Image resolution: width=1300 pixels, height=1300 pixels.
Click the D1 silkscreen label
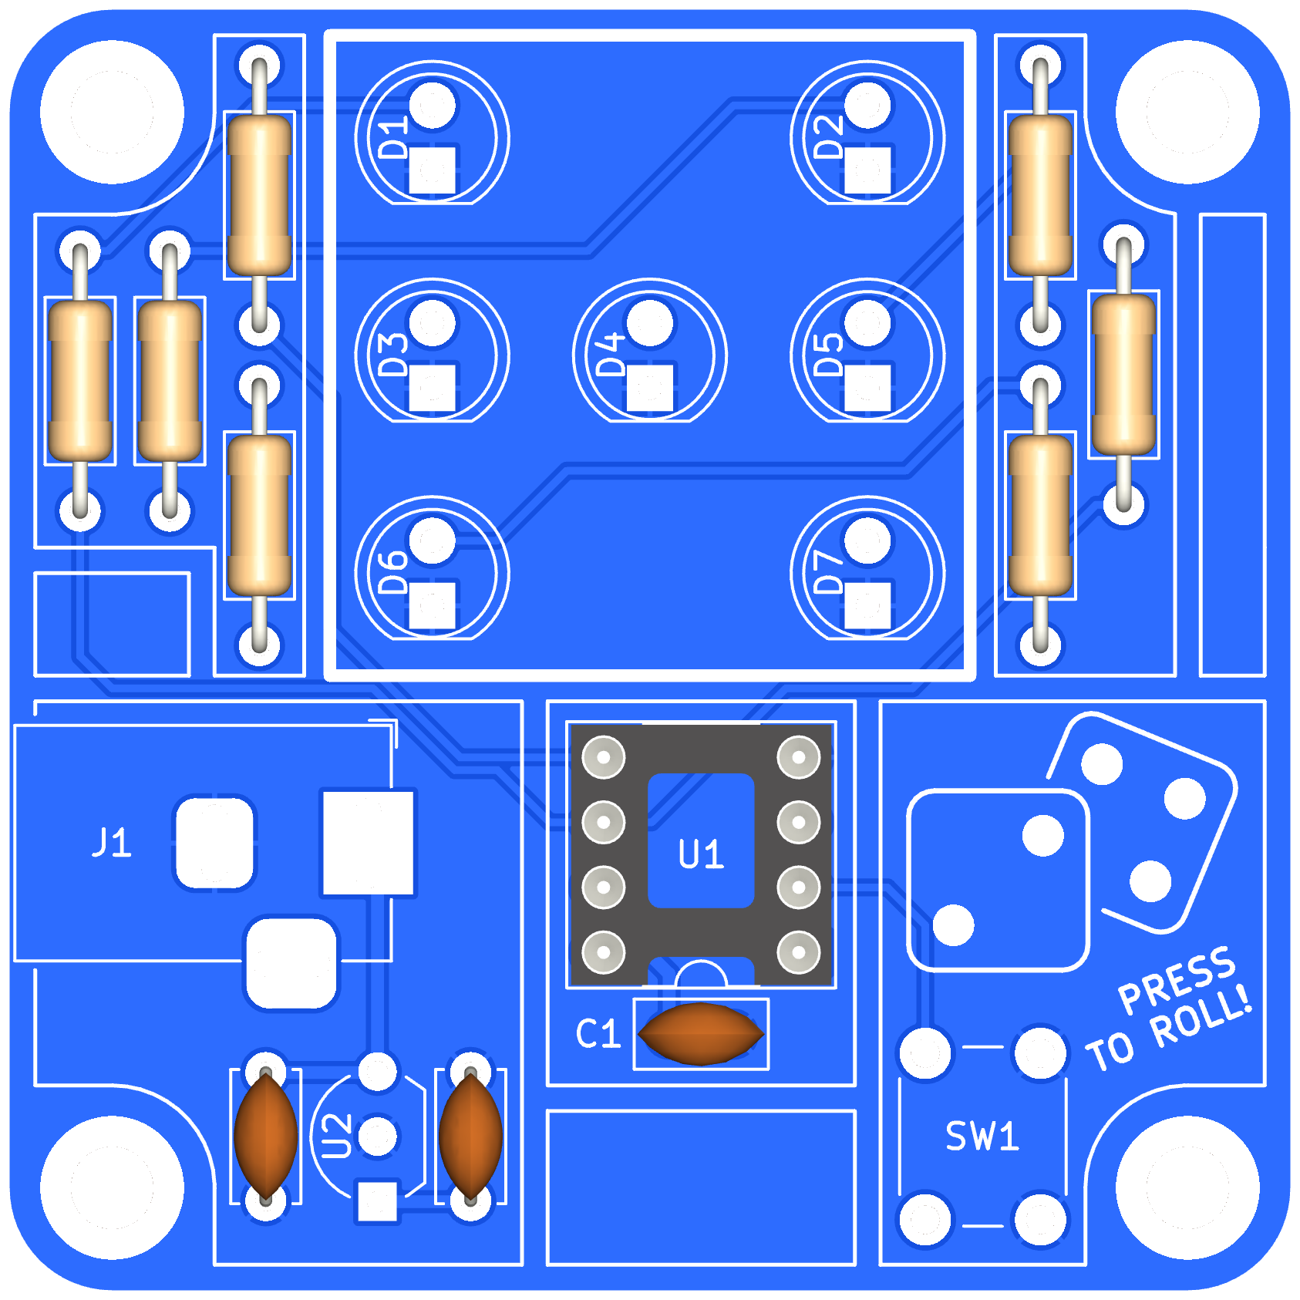pos(394,138)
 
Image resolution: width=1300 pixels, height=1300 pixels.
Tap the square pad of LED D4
pos(650,388)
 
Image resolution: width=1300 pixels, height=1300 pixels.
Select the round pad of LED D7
pos(867,541)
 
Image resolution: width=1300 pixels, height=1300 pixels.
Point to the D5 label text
pos(829,354)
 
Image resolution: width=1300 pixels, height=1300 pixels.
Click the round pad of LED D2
pos(867,106)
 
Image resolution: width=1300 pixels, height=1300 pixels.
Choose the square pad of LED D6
pos(433,605)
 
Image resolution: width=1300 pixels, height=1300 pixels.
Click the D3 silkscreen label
pos(394,354)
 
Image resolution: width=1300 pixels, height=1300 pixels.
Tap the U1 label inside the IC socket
pos(701,854)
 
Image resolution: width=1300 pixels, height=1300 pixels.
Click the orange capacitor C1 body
pos(701,1034)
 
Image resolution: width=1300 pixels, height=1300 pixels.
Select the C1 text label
pos(598,1034)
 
